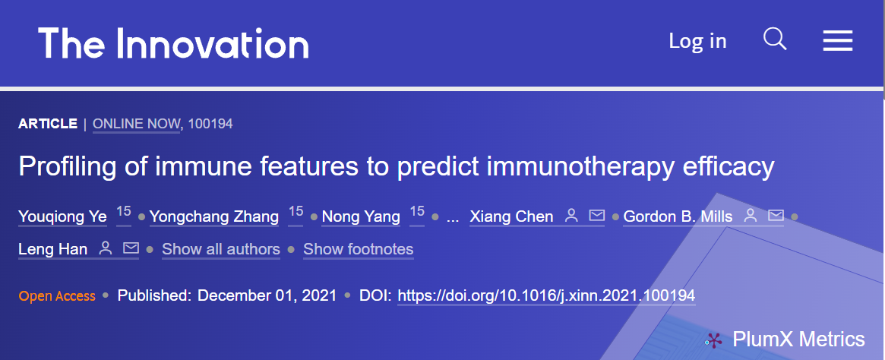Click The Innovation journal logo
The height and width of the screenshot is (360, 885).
coord(173,43)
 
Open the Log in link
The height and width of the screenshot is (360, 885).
coord(697,40)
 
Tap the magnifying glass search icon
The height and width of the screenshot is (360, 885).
coord(775,39)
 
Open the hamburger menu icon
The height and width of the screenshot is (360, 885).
coord(838,40)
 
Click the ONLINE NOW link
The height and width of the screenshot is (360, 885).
coord(136,124)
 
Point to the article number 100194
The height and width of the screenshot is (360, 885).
coord(210,124)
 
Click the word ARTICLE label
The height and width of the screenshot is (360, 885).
coord(48,124)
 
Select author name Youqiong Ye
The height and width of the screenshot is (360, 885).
coord(62,216)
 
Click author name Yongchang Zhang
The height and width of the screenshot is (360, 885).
coord(214,216)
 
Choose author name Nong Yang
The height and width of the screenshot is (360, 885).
coord(362,216)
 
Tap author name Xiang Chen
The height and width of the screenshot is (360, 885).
coord(511,216)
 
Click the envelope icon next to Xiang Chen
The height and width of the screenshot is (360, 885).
coord(596,216)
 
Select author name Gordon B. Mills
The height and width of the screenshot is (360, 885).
coord(678,216)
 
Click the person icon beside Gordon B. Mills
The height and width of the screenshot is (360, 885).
coord(750,216)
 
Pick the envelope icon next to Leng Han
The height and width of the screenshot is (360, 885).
coord(131,248)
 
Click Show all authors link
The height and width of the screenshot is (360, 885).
coord(221,249)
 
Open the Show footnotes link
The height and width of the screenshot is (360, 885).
coord(359,249)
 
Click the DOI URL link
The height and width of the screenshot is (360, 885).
coord(546,295)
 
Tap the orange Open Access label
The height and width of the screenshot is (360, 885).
coord(57,296)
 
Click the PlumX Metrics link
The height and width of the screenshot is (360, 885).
coord(785,339)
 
